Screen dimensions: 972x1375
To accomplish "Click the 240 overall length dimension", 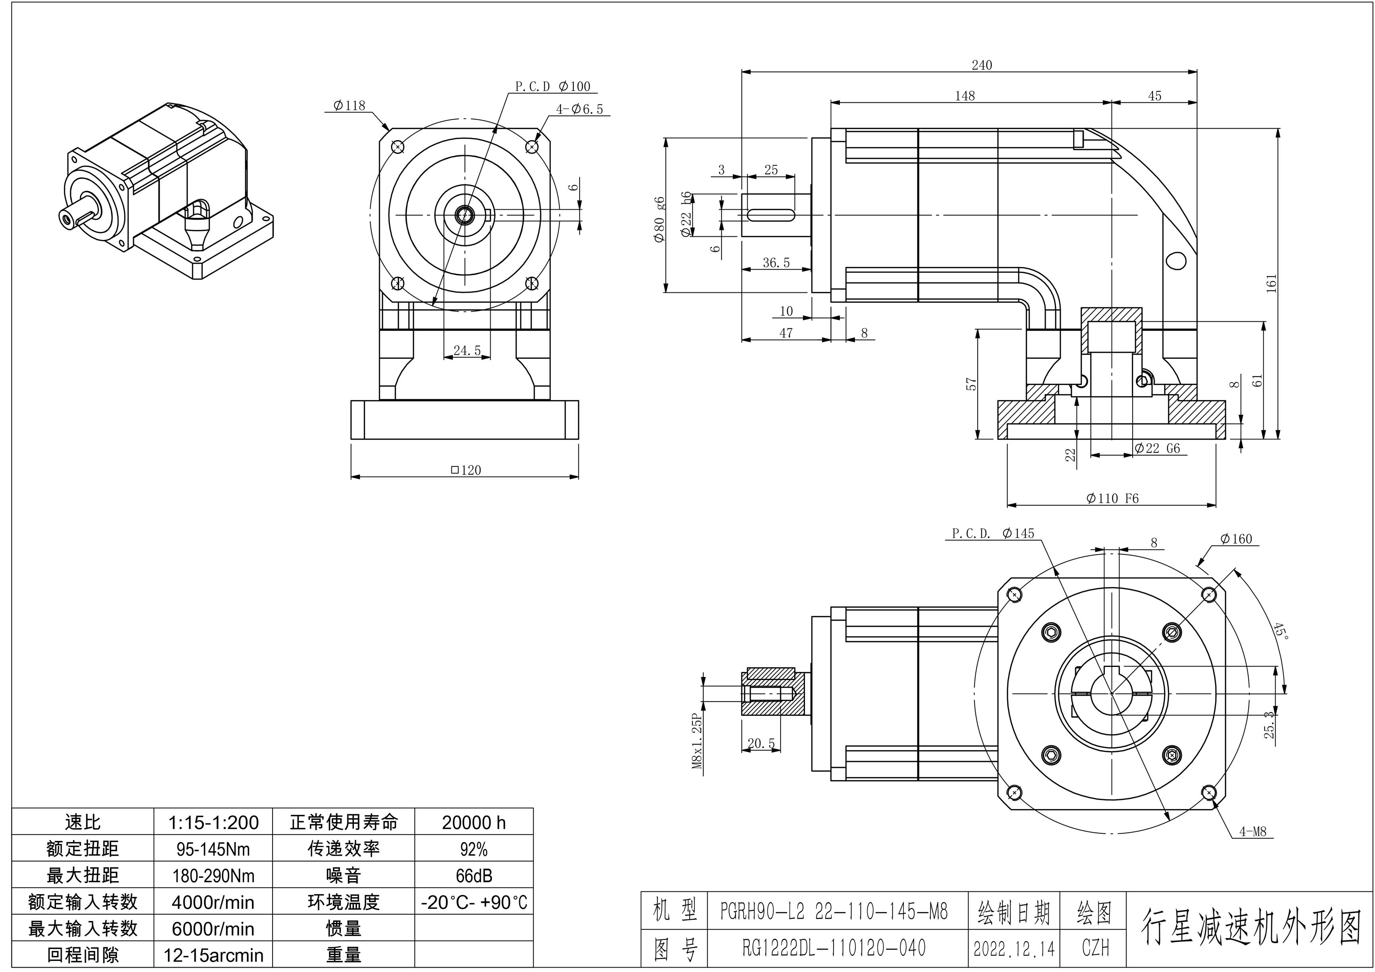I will click(982, 65).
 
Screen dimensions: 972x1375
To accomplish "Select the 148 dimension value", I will click(965, 96).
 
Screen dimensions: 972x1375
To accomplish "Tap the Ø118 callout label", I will click(349, 105).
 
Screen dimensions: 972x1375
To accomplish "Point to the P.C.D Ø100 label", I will click(553, 86).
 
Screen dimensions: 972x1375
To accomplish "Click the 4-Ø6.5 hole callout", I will click(579, 109).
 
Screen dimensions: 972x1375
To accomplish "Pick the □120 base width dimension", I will click(466, 470).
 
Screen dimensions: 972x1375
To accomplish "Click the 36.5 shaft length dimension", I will click(776, 262).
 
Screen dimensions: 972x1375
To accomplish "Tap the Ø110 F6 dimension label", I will click(1112, 498).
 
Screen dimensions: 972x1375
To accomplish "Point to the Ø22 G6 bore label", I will click(1156, 448).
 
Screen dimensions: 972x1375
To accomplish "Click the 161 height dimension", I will click(1271, 283).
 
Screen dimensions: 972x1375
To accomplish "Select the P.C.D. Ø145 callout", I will click(993, 533).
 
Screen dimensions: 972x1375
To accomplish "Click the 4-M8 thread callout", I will click(1252, 831).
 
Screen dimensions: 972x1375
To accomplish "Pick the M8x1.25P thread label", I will click(696, 741).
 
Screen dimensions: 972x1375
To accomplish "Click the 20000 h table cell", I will click(474, 822).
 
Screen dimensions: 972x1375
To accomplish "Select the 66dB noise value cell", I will click(474, 875).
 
